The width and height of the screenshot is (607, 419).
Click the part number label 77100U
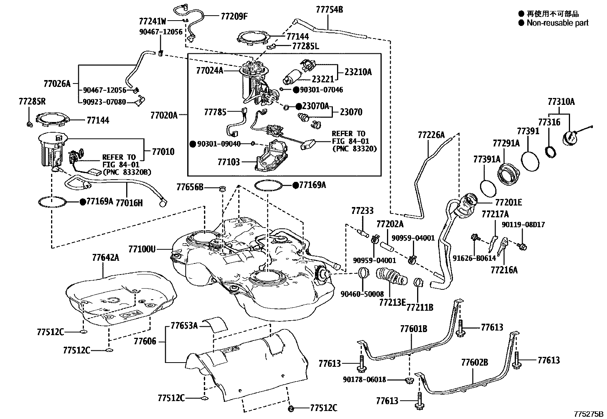pos(142,249)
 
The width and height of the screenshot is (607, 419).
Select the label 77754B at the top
pos(329,10)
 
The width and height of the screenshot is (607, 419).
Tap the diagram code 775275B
pos(589,414)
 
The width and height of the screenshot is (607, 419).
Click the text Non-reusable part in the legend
pos(557,23)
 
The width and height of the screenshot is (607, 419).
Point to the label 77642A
pos(105,257)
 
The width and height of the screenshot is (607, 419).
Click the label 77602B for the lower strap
pos(474,362)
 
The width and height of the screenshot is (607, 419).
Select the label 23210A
pos(358,72)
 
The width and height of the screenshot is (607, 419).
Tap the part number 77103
pos(229,162)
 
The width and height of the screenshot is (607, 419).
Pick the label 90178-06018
pos(364,380)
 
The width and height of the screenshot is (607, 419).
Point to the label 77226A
pos(431,135)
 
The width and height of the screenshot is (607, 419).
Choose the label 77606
pos(145,342)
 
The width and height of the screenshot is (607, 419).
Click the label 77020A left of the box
pos(164,116)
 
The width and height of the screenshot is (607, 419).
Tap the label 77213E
pos(392,302)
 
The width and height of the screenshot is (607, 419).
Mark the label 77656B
pos(190,187)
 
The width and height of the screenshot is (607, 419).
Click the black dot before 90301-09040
pos(193,144)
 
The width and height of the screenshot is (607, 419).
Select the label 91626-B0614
pos(474,258)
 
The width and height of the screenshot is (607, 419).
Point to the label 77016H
pos(129,203)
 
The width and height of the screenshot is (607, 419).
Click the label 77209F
pos(234,16)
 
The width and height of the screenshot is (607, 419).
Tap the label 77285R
pos(32,101)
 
